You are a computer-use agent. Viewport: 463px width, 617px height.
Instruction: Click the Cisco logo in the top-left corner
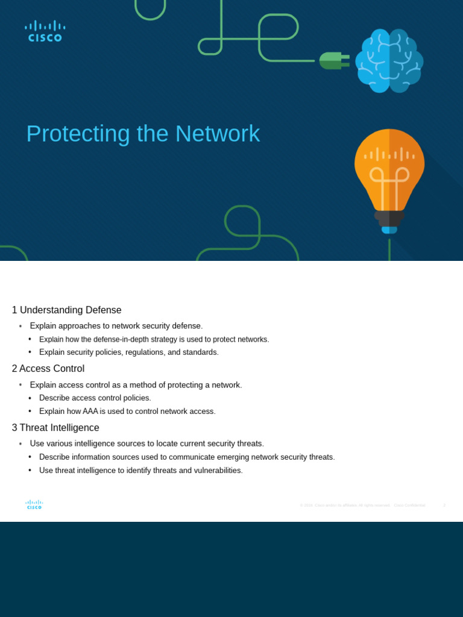pos(45,31)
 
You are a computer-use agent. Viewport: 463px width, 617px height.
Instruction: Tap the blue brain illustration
pos(389,60)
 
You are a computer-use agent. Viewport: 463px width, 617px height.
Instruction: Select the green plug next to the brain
pos(333,60)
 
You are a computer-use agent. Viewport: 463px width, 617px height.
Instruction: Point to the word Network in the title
pos(218,134)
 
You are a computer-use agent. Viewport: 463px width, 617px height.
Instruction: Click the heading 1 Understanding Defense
pos(66,310)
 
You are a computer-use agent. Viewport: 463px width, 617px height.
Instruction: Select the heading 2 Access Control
pos(48,369)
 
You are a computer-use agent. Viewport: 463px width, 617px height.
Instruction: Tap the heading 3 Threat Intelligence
pos(55,428)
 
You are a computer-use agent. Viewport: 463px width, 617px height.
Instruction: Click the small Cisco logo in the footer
pos(34,504)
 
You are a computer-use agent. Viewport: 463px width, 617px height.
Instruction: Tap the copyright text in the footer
pos(362,505)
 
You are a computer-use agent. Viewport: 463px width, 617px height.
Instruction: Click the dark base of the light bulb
pos(389,218)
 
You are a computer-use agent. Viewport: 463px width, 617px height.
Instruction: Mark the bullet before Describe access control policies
pos(30,398)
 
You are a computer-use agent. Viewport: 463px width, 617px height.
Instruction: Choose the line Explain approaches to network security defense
pos(116,326)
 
